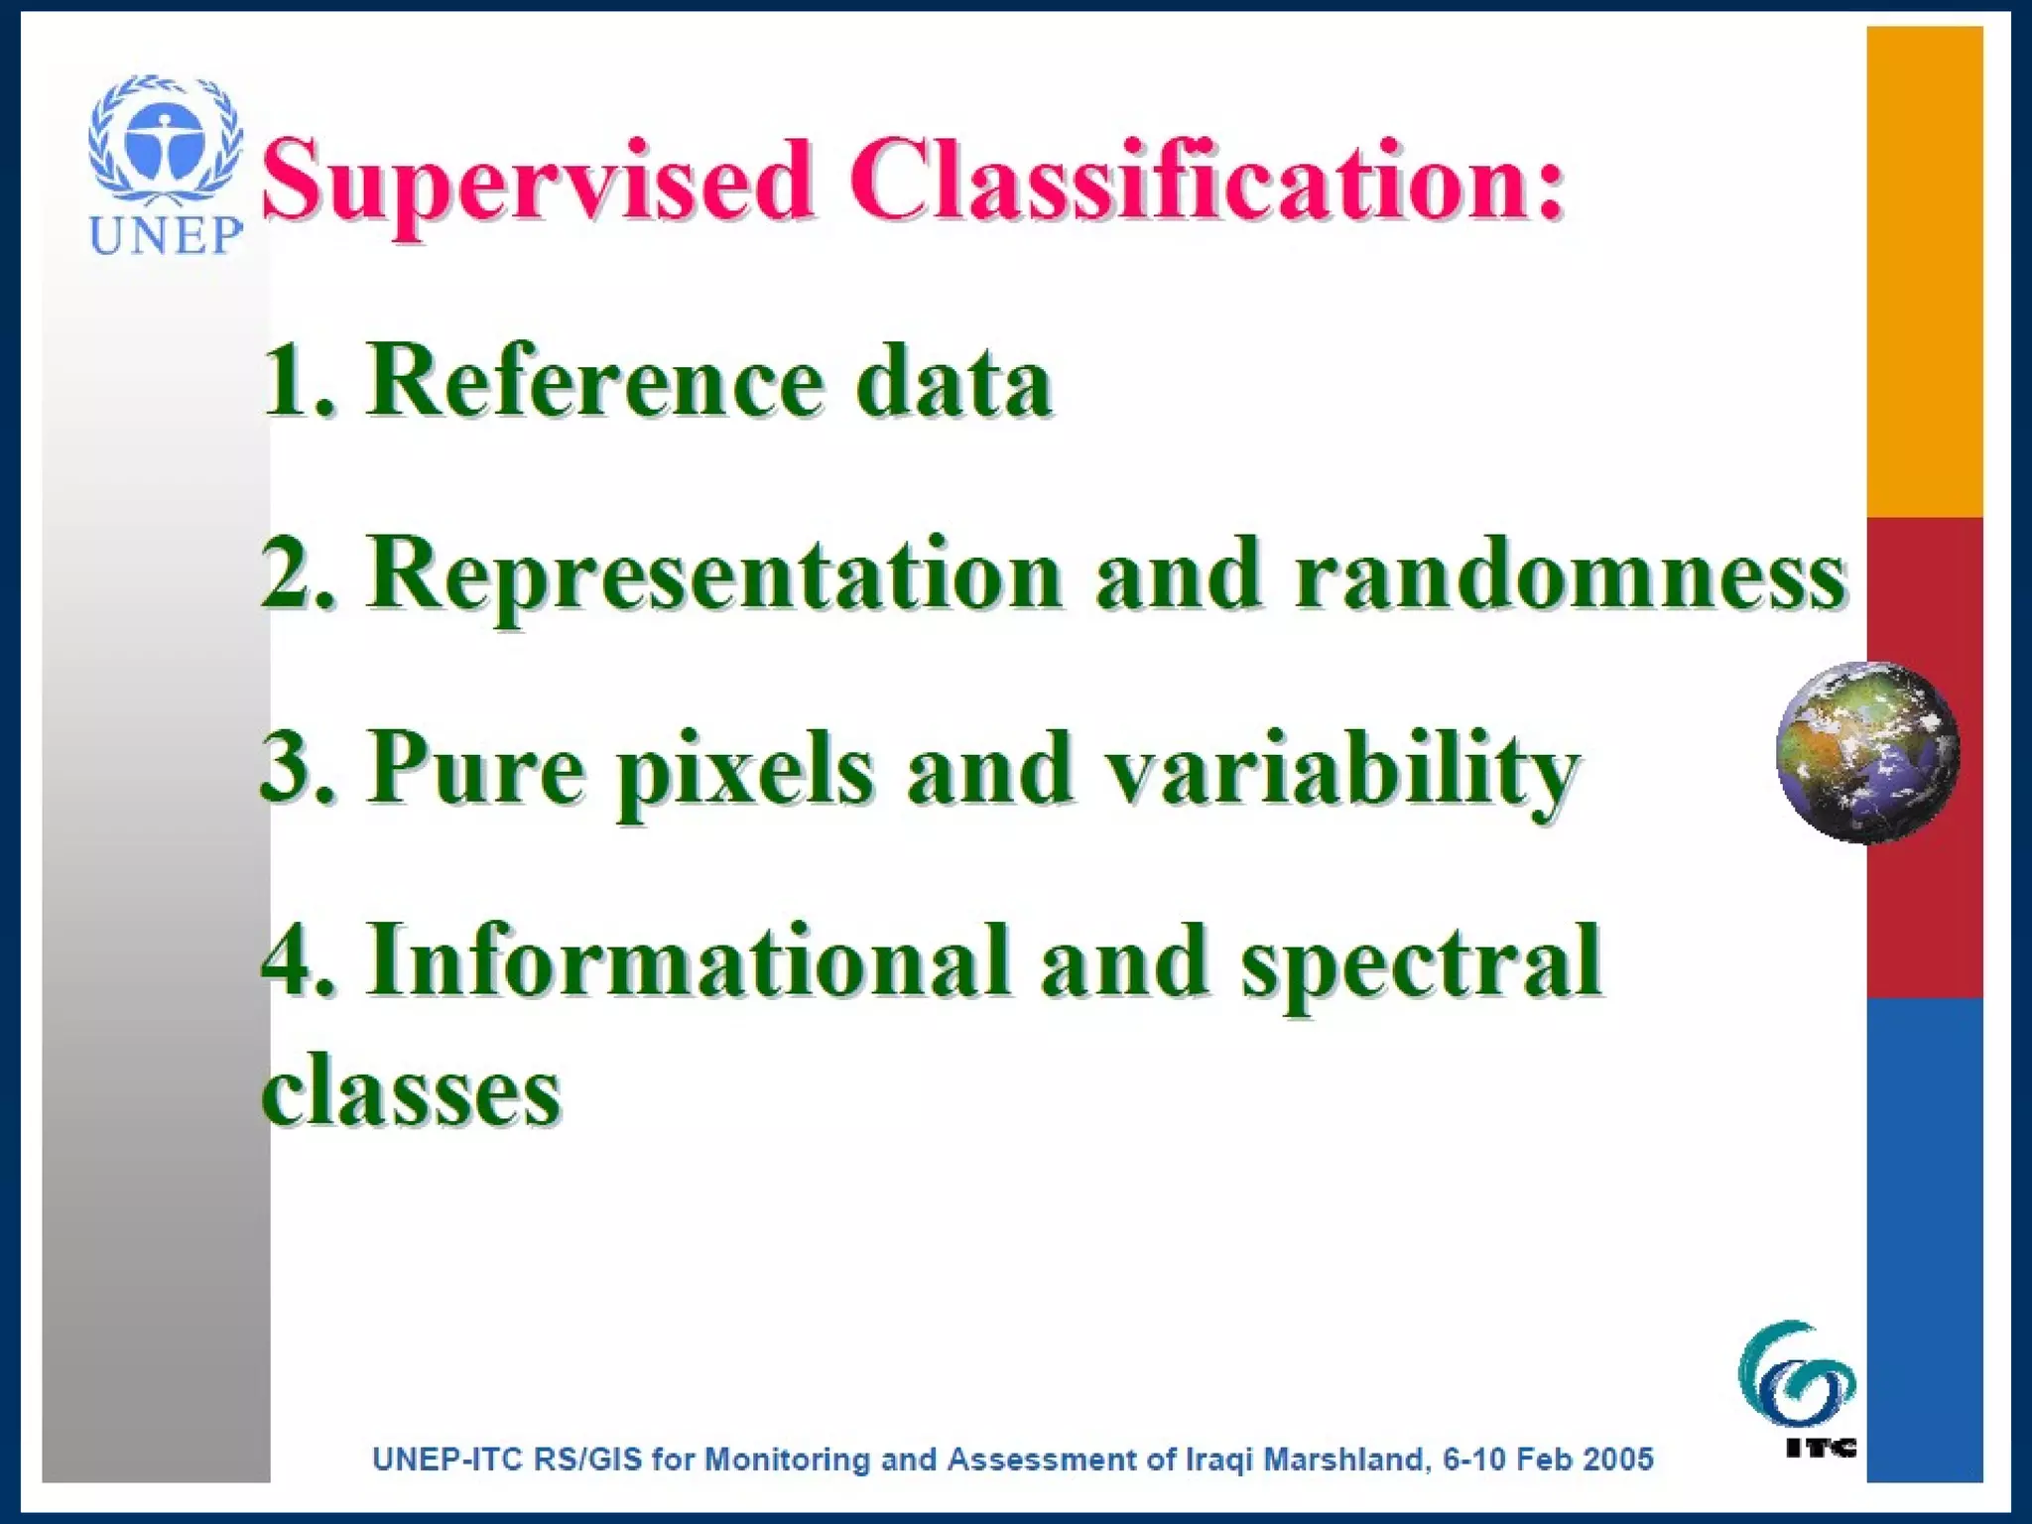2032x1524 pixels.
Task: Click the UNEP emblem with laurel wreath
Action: (x=165, y=139)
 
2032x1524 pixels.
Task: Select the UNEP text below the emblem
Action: (x=166, y=235)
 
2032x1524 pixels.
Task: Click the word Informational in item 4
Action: (x=690, y=960)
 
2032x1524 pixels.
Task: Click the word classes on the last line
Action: (x=412, y=1091)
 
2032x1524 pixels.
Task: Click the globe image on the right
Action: (x=1866, y=752)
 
